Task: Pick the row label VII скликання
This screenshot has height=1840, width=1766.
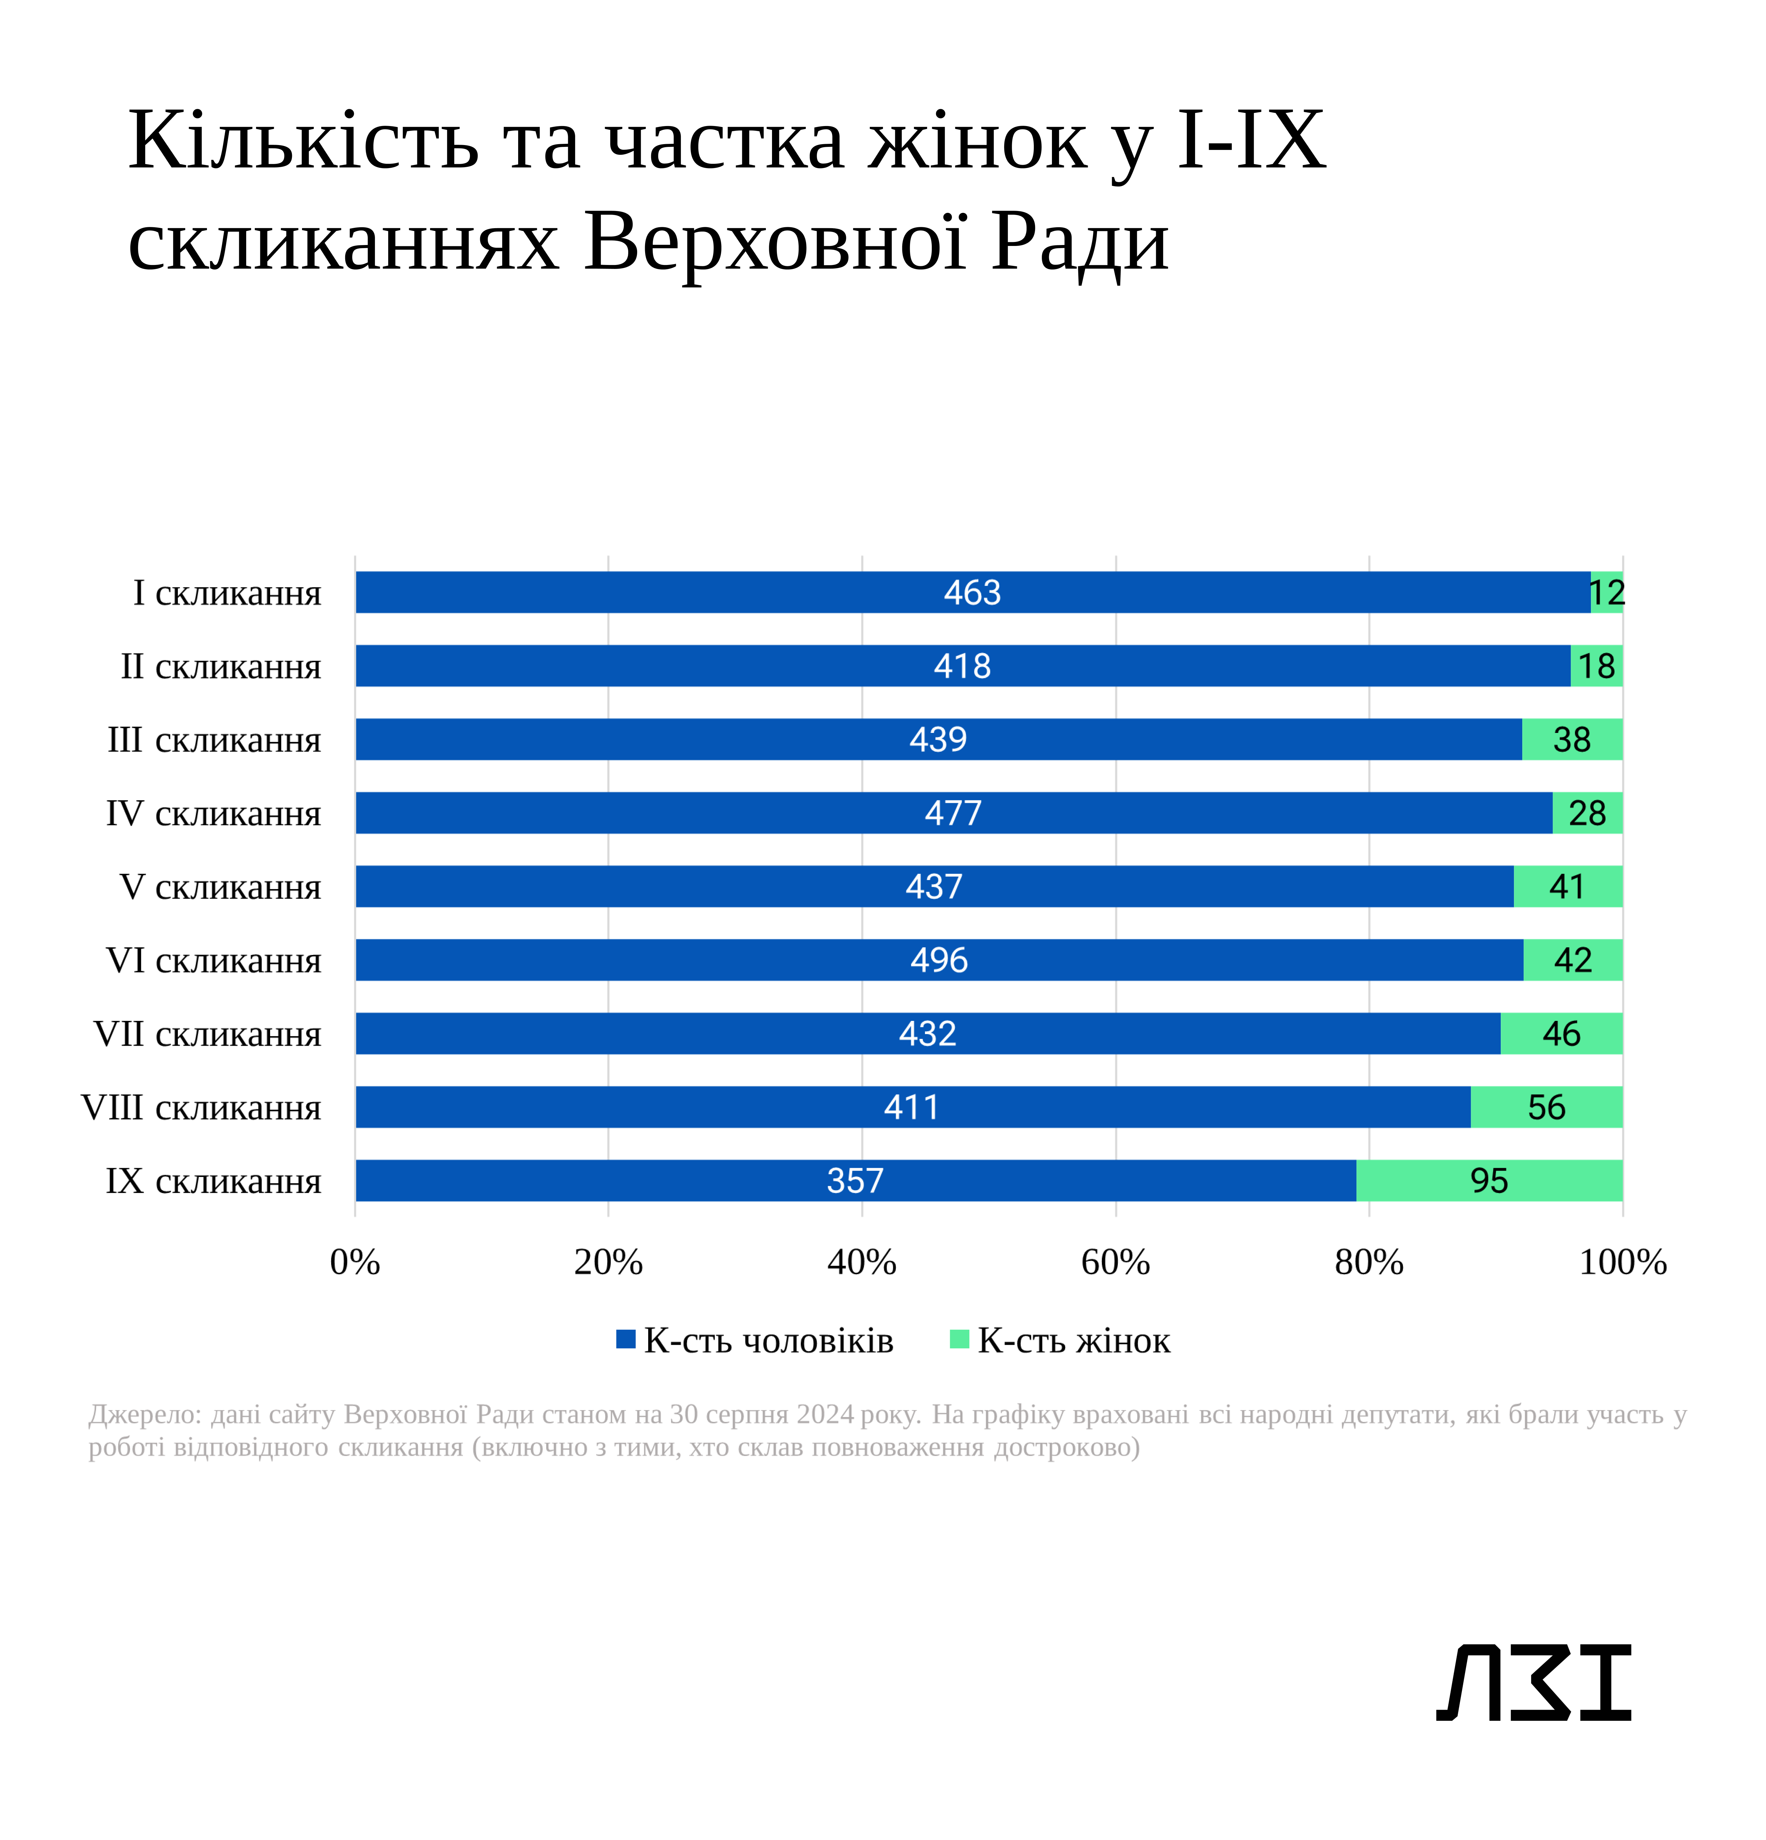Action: [x=207, y=1033]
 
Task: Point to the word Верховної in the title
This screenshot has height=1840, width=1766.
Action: [x=775, y=241]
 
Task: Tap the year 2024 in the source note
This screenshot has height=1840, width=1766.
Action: [x=825, y=1414]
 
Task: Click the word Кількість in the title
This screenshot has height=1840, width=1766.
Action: [x=303, y=141]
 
